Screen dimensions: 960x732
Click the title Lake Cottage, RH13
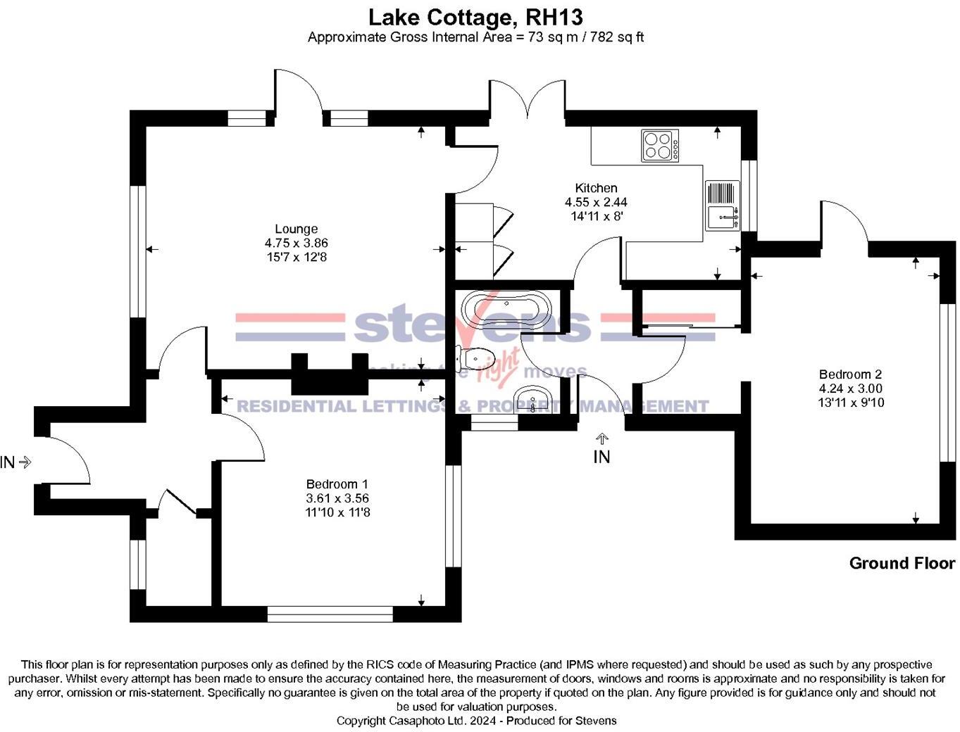[476, 16]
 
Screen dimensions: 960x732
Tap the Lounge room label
[296, 229]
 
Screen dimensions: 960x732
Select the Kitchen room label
[596, 188]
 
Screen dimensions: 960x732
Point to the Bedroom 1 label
[337, 484]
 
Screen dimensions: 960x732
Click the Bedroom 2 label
[850, 374]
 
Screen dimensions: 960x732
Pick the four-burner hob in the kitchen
[660, 146]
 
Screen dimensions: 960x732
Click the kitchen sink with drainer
[722, 206]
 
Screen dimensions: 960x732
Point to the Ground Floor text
[902, 563]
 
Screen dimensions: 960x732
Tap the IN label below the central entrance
[601, 457]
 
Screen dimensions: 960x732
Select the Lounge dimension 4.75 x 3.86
[296, 243]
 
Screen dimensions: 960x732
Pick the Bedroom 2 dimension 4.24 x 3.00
[850, 389]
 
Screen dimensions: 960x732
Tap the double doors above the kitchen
[528, 99]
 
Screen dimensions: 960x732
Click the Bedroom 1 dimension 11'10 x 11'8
[337, 512]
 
